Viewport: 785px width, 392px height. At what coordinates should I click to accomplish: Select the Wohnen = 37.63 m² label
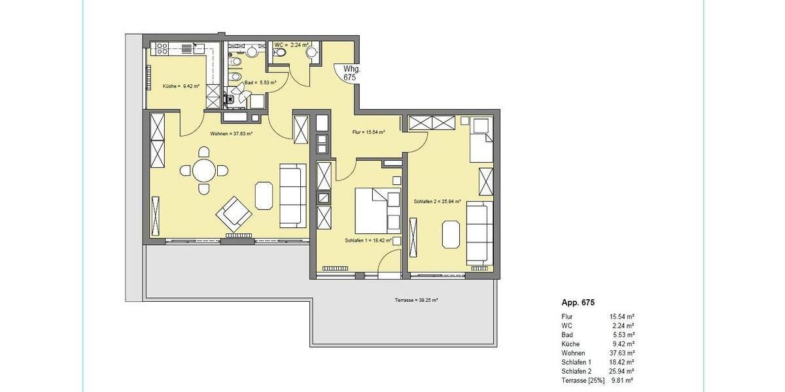tap(231, 133)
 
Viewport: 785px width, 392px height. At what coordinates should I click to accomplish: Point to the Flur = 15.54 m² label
tap(368, 132)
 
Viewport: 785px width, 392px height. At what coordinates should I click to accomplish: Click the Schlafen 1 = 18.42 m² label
tap(368, 240)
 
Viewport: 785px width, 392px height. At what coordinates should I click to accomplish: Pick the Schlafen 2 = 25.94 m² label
tap(438, 201)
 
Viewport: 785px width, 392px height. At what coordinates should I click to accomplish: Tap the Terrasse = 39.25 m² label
tap(416, 300)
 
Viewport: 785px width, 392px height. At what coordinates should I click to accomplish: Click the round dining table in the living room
tap(205, 171)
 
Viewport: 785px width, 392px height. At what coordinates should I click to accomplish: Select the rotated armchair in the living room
tap(234, 212)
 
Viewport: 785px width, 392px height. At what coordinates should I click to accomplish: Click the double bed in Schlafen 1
tap(377, 210)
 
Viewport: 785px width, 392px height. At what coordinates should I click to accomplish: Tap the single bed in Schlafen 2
tap(481, 139)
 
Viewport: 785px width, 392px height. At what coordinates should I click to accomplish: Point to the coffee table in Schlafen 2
tap(451, 235)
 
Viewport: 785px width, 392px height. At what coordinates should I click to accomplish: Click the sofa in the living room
tap(292, 195)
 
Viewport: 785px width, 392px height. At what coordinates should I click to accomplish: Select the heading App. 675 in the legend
tap(578, 302)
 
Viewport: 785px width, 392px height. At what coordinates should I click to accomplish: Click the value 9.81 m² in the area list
tap(622, 380)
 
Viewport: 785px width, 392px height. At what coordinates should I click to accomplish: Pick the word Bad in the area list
tap(567, 334)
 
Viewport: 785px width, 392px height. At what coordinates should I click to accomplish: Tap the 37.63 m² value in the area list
tap(622, 352)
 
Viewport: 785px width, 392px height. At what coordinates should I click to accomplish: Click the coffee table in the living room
tap(264, 195)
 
